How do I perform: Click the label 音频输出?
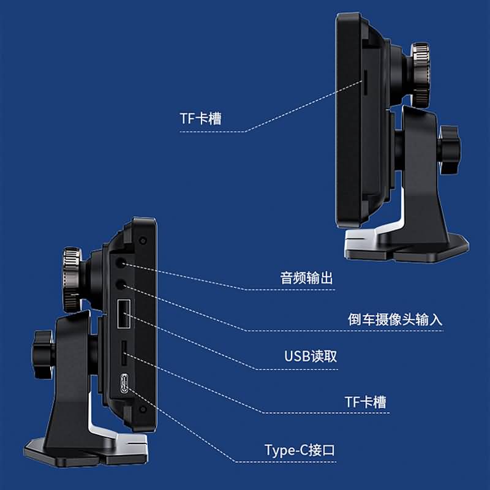tap(306, 279)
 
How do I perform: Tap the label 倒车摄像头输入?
tap(394, 320)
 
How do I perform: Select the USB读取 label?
tap(311, 356)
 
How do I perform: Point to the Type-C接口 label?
tap(300, 451)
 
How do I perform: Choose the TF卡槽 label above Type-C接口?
tap(365, 402)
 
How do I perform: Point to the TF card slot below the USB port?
tap(123, 352)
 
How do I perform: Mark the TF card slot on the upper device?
tap(366, 82)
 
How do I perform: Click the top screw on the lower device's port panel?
tap(143, 238)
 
